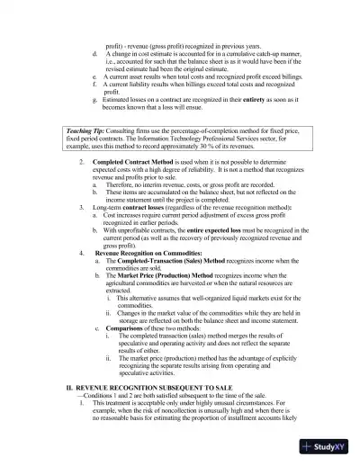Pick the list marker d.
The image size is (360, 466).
coord(94,54)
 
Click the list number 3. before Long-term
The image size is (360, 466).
coord(82,207)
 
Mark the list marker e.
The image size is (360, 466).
coord(94,77)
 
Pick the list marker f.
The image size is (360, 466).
coord(94,85)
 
